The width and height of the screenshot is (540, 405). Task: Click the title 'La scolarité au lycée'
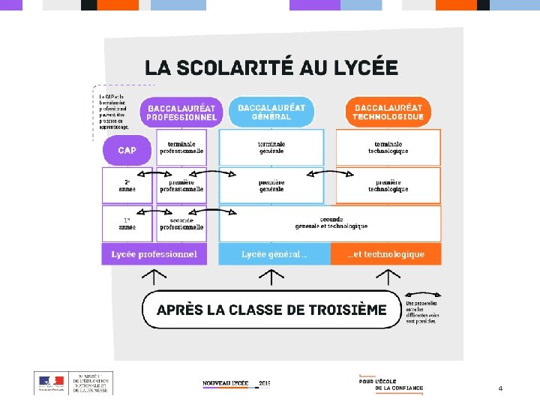[x=271, y=68]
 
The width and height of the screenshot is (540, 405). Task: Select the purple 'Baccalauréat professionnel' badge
[x=181, y=112]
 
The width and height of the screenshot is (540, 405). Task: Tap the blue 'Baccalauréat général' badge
[x=271, y=112]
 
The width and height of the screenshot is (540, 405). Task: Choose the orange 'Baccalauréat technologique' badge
[x=388, y=112]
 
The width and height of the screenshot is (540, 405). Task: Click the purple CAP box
[x=127, y=150]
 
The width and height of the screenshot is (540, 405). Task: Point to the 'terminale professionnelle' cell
[x=181, y=147]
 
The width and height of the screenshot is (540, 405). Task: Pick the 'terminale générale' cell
[x=271, y=147]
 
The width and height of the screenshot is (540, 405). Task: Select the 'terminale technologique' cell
[x=388, y=147]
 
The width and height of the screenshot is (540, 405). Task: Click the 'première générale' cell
[x=271, y=185]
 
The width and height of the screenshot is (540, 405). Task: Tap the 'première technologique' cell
[x=388, y=185]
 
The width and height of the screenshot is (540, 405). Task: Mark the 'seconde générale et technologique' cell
[x=331, y=223]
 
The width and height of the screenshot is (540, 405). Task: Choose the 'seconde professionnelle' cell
[x=181, y=223]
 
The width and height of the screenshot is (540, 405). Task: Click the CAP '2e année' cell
[x=127, y=185]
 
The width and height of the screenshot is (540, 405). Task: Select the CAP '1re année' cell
[x=127, y=223]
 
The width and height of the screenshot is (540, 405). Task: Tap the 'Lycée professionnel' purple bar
[x=154, y=254]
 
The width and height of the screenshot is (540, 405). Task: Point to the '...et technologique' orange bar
[x=385, y=254]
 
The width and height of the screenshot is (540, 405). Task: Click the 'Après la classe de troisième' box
[x=271, y=310]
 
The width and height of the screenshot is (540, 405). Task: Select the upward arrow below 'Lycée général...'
[x=271, y=277]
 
